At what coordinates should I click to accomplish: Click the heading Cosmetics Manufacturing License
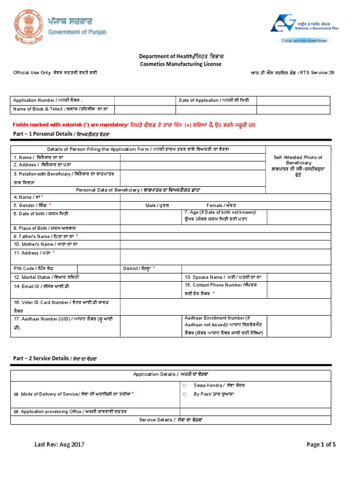point(180,64)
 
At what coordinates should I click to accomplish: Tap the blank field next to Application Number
point(145,100)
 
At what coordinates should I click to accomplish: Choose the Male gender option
point(157,205)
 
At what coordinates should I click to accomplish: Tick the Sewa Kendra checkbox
point(185,385)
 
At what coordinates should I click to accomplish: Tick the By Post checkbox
point(185,394)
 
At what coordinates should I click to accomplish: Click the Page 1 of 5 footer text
point(321,444)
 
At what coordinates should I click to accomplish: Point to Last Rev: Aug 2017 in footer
point(59,444)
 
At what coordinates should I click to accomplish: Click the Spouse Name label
point(225,277)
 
